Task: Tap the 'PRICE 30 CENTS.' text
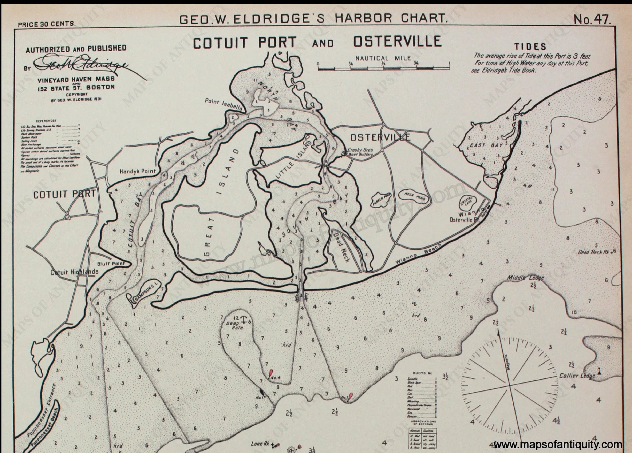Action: (47, 24)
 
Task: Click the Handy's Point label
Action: (137, 171)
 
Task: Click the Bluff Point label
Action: (111, 263)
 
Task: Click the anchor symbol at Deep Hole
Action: (244, 319)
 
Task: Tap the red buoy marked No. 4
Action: (270, 373)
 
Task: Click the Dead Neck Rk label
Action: (593, 252)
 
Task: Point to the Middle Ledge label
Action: (525, 278)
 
